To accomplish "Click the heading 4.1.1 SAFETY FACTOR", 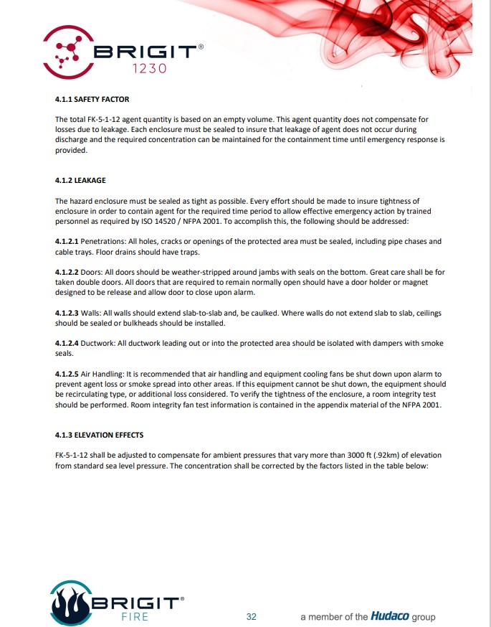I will (x=92, y=99).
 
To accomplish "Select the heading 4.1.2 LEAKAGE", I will (x=80, y=181).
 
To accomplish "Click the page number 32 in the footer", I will (x=252, y=616).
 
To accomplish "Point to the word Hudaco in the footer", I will (x=389, y=616).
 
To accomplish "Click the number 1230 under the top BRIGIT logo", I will (x=150, y=69).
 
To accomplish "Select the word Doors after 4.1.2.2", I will (x=100, y=273).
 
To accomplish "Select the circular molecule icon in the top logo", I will (x=68, y=52).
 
